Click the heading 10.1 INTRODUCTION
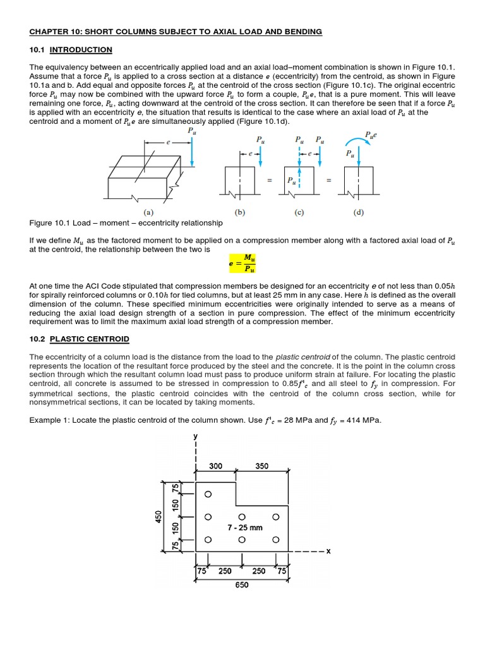click(x=71, y=49)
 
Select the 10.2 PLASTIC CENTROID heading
click(x=80, y=339)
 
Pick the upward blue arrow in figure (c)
click(x=300, y=177)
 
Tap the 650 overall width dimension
click(x=241, y=584)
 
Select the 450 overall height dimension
click(x=159, y=516)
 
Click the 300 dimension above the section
click(x=215, y=466)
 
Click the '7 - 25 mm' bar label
click(x=244, y=527)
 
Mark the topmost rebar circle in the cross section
click(x=208, y=493)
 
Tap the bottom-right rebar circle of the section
click(x=275, y=540)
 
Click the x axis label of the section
click(x=328, y=551)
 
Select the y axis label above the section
click(x=196, y=436)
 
